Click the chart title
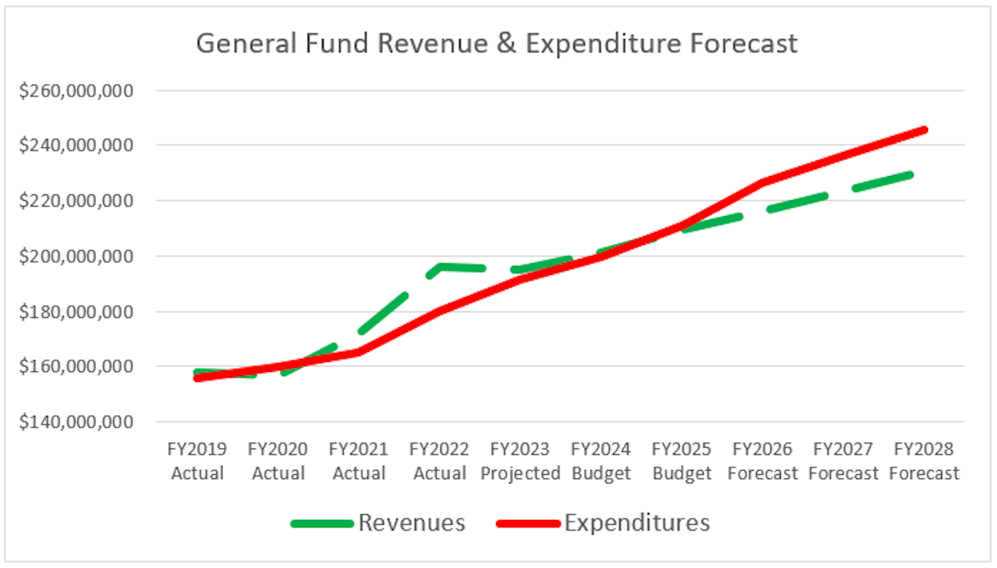point(496,42)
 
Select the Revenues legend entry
point(411,522)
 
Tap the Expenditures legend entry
point(636,522)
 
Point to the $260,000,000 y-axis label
point(76,90)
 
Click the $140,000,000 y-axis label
point(76,422)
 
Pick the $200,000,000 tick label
point(76,256)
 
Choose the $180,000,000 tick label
point(76,311)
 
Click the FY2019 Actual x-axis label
point(197,461)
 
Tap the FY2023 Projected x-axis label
point(519,461)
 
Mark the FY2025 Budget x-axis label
point(681,461)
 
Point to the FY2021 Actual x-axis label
point(358,461)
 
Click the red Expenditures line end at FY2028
point(924,130)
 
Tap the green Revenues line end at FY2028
point(912,174)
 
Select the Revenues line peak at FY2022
point(440,267)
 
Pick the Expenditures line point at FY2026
point(762,183)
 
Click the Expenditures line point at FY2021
point(358,352)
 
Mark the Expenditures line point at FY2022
point(440,311)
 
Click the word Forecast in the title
point(743,42)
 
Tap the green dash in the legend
point(322,523)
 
